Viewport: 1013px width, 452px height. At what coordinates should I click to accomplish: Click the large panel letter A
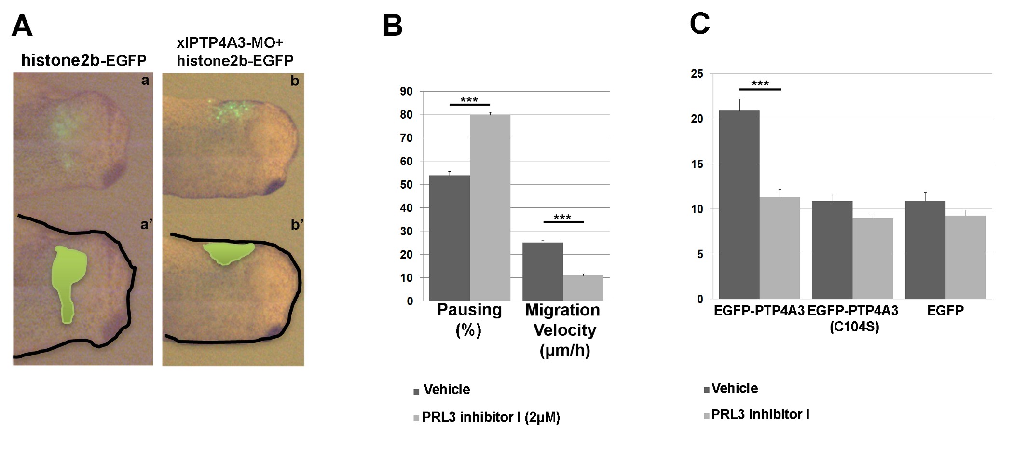[22, 27]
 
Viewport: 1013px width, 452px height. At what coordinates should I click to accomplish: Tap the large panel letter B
[392, 26]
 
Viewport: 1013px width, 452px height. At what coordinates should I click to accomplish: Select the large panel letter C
[699, 24]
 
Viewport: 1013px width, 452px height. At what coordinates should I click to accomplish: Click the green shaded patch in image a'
[68, 280]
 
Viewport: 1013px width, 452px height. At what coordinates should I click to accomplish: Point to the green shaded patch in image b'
[228, 253]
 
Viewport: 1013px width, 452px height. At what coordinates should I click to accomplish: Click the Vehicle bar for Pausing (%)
[449, 238]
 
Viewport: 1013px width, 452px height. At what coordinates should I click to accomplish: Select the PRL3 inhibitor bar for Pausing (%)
[490, 208]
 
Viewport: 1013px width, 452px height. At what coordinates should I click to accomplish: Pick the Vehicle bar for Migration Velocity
[543, 272]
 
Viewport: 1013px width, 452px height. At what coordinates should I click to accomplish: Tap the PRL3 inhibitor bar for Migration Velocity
[583, 288]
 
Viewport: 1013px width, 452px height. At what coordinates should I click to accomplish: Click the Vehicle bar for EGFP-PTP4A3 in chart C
[739, 205]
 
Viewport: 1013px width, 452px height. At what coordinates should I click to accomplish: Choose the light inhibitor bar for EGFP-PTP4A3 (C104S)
[873, 259]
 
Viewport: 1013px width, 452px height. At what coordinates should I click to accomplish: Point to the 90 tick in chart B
[407, 92]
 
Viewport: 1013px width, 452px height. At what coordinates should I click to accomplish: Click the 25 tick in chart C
[697, 74]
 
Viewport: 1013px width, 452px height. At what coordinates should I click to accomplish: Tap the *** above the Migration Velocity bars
[562, 217]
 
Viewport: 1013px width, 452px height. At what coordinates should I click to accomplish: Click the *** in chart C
[760, 83]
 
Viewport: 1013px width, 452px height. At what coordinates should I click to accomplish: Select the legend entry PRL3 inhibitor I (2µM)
[491, 417]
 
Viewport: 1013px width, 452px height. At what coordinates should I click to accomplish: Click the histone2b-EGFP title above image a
[83, 60]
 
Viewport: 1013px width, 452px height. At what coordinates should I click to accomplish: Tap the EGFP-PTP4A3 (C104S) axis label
[853, 318]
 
